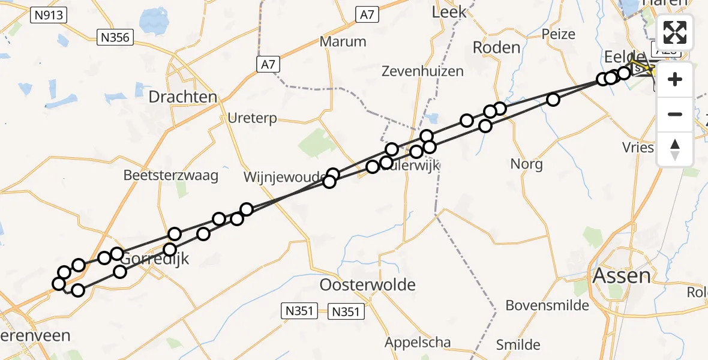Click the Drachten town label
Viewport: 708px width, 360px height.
183,97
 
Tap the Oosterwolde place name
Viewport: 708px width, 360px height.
368,284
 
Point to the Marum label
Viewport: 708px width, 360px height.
343,41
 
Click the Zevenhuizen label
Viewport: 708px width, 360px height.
423,71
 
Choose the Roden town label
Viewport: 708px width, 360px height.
496,47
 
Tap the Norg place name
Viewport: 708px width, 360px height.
526,163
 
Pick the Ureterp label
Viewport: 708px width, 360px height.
253,118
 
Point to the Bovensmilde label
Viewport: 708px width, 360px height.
547,305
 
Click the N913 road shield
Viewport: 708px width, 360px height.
49,16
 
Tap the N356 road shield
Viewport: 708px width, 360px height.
116,38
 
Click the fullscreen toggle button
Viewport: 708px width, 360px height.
675,32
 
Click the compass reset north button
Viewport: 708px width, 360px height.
675,149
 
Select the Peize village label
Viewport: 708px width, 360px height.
558,34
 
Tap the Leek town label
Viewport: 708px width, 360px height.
449,11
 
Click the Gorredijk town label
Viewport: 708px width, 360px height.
155,259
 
